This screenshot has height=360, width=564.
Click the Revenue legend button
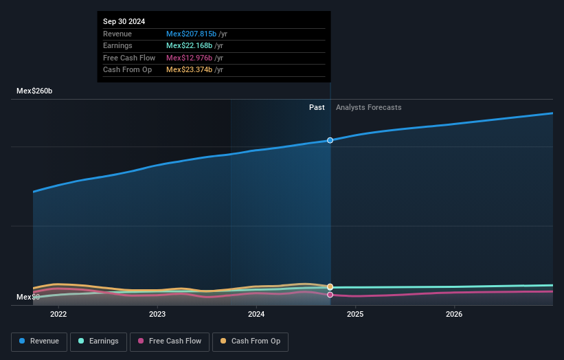pos(40,341)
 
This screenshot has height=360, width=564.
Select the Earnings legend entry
pos(98,341)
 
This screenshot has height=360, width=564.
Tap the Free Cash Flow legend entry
pos(170,341)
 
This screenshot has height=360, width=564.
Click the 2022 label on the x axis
pos(58,315)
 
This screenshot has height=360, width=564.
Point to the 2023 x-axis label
pos(157,315)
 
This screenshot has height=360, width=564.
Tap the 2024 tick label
pos(256,315)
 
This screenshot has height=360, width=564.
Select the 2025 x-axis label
pos(355,315)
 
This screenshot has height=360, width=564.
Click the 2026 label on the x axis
pos(454,315)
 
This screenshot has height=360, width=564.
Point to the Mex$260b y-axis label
pos(35,91)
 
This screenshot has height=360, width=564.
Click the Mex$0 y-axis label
pos(28,297)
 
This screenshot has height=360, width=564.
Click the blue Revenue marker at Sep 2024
pos(330,140)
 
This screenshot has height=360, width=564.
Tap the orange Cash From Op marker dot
pos(330,286)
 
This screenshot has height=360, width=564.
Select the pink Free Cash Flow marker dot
pos(330,295)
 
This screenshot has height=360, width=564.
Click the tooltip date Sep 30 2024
pos(124,22)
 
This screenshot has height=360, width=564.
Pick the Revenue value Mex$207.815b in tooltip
pos(190,34)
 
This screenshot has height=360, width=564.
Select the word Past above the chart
pos(317,107)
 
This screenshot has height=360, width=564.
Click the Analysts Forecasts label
pos(369,107)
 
